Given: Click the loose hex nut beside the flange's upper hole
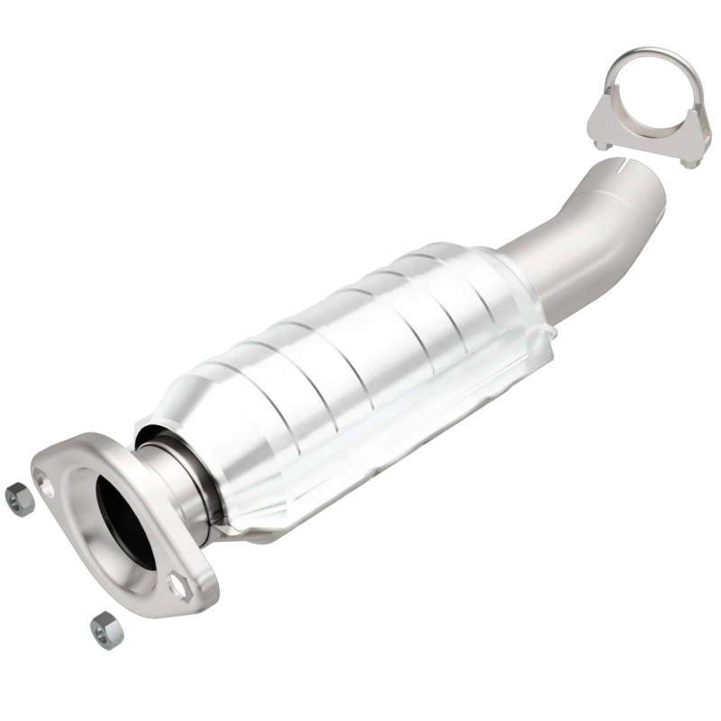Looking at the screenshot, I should pos(18,498).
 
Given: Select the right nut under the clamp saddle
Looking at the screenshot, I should pos(690,163).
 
